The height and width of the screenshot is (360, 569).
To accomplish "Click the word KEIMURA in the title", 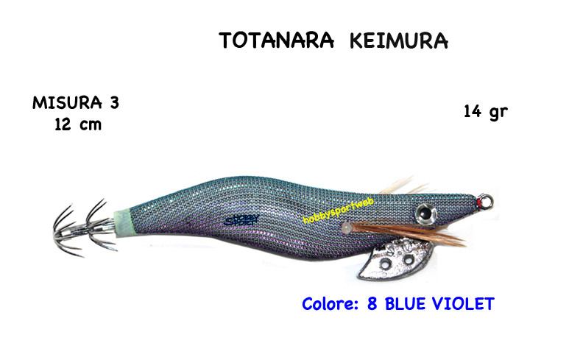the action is coord(398,40).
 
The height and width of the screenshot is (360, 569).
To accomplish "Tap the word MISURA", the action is coord(64,103).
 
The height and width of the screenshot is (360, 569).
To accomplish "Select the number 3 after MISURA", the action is coord(113,103).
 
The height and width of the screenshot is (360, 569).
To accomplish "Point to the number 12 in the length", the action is coord(63,124).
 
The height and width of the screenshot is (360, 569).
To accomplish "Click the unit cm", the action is coord(91,124).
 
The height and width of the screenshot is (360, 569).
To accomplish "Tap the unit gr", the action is coord(498,113).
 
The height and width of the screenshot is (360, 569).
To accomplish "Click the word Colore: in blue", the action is coord(331,303).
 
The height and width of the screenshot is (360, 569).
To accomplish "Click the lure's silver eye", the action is coord(423,213).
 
